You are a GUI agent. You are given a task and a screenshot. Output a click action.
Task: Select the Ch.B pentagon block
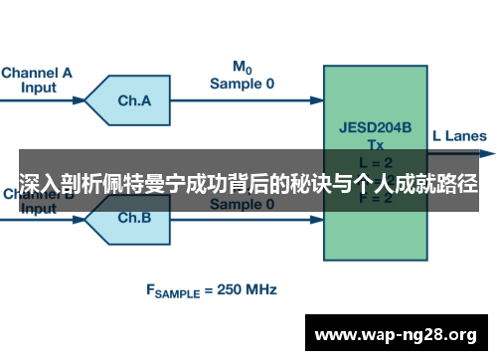point(131,217)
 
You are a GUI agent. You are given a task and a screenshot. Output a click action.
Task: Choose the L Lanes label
point(460,136)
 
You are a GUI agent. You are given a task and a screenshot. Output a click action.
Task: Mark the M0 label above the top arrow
point(242,68)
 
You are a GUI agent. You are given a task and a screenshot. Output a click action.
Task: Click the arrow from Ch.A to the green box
point(248,100)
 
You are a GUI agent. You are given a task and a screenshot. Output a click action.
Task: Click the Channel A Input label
point(37,79)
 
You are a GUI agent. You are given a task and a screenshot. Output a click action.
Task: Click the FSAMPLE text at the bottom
point(178,291)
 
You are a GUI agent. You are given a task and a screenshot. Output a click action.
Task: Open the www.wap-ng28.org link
point(396,333)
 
